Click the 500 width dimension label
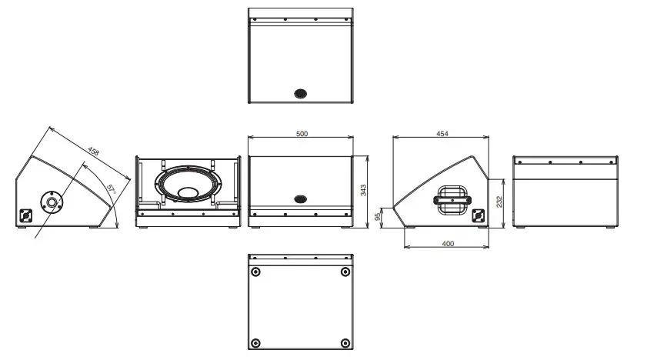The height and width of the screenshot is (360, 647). pyautogui.click(x=302, y=134)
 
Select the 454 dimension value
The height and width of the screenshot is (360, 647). pyautogui.click(x=442, y=134)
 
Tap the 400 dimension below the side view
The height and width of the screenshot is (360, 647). pyautogui.click(x=448, y=244)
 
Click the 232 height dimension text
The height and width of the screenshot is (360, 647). pyautogui.click(x=499, y=202)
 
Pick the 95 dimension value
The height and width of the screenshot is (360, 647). pyautogui.click(x=379, y=217)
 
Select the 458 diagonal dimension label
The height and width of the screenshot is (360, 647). pyautogui.click(x=93, y=152)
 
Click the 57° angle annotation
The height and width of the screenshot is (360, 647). pyautogui.click(x=111, y=188)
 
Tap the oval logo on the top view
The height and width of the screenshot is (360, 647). pyautogui.click(x=300, y=93)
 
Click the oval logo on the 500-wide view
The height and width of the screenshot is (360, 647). pyautogui.click(x=300, y=198)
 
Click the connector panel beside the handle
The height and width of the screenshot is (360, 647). pyautogui.click(x=479, y=216)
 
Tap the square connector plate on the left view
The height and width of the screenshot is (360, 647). pyautogui.click(x=26, y=216)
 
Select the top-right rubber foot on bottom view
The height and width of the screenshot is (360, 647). pyautogui.click(x=343, y=272)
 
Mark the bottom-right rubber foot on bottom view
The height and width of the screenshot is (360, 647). pyautogui.click(x=343, y=342)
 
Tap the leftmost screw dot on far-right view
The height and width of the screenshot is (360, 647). pyautogui.click(x=520, y=162)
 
